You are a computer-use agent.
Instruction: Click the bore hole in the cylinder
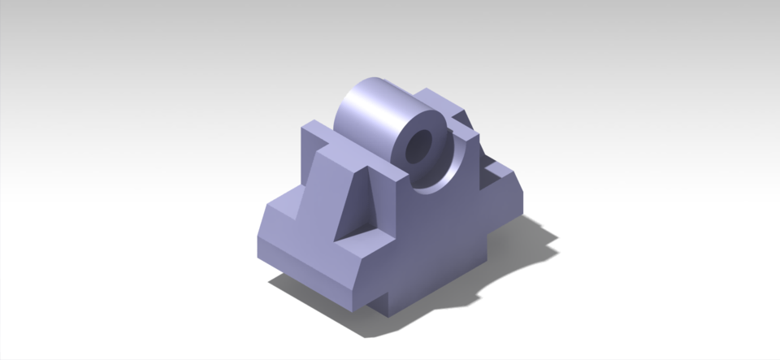click(420, 147)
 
